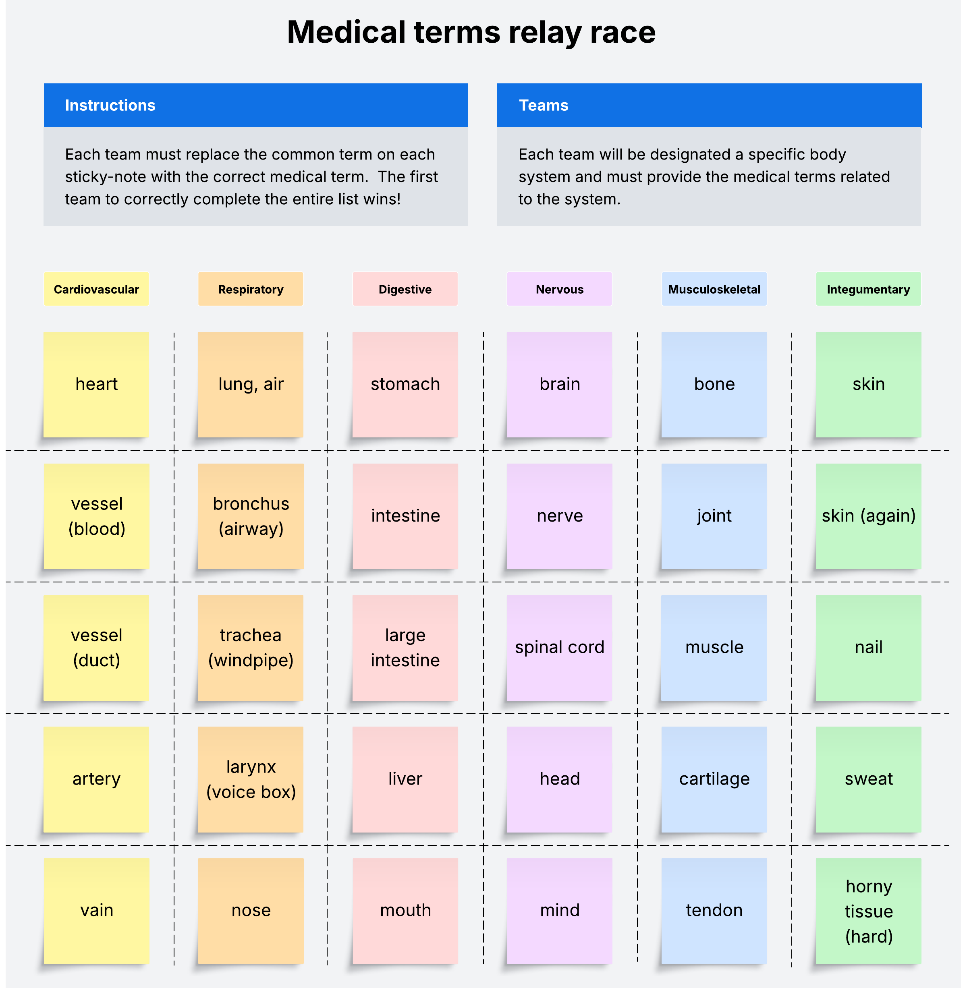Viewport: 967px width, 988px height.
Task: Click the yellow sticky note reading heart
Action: click(x=96, y=384)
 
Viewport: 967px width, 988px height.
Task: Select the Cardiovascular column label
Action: click(x=96, y=290)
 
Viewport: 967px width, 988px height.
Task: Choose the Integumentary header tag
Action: click(x=868, y=290)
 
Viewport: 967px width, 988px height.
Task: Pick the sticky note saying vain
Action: click(x=96, y=910)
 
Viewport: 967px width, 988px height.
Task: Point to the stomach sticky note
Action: click(x=405, y=384)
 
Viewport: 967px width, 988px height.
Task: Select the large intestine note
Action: click(x=405, y=647)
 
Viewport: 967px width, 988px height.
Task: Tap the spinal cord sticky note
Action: click(x=559, y=647)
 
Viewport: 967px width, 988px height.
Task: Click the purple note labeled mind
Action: click(x=559, y=910)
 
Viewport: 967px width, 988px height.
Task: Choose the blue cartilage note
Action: click(x=714, y=779)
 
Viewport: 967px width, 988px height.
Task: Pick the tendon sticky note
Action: click(x=714, y=910)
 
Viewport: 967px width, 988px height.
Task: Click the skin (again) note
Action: click(x=868, y=516)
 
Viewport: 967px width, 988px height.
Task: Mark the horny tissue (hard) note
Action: click(x=868, y=910)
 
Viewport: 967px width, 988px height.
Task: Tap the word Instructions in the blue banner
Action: click(x=110, y=105)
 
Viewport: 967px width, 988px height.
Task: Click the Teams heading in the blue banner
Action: click(x=544, y=105)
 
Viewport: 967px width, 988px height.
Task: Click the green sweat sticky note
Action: click(x=868, y=779)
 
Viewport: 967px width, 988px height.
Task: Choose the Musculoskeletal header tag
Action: click(x=714, y=290)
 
